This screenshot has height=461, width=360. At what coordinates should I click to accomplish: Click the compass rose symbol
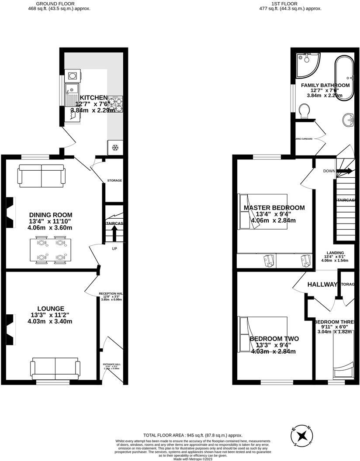coord(302,435)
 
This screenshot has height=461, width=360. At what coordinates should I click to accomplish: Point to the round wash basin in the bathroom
coord(348,118)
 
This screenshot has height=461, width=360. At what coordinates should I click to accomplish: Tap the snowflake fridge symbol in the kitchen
coord(116,148)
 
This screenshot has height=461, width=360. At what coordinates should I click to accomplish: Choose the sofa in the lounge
coord(55,369)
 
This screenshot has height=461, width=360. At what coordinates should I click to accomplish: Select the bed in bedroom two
coord(262,335)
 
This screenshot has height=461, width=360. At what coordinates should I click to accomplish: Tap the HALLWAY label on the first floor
coord(322,285)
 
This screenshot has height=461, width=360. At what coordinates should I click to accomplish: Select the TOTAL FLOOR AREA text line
coord(193,435)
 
